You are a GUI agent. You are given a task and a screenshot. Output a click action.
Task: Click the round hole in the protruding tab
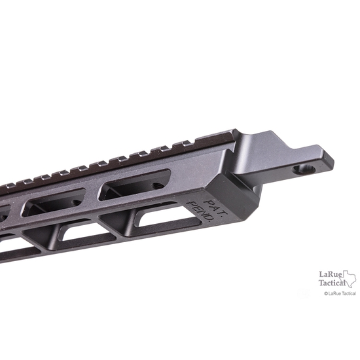coord(302,170)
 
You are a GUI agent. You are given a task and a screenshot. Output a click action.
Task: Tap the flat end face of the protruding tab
coord(325,166)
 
